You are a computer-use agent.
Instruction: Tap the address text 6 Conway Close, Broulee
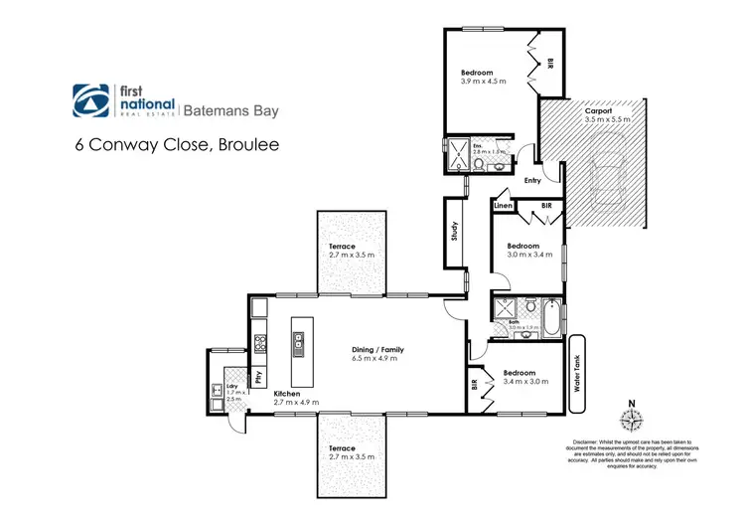(x=178, y=144)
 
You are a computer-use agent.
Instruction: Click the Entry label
(x=532, y=180)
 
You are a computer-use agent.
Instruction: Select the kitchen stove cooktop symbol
(x=261, y=343)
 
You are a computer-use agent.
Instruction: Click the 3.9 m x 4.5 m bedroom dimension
(x=483, y=82)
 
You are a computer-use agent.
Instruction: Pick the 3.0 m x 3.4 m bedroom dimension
(x=522, y=255)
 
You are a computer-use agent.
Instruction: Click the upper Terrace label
(x=349, y=246)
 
